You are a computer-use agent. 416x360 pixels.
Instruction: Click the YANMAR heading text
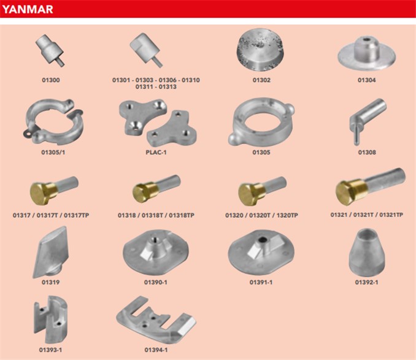(28, 9)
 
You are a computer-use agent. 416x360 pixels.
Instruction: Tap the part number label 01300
(51, 80)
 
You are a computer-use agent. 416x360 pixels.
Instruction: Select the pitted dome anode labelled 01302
(261, 50)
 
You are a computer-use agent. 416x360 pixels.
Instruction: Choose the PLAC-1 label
(156, 152)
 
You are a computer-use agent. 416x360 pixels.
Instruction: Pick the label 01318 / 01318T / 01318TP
(156, 215)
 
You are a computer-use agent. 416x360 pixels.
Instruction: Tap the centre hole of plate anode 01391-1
(263, 240)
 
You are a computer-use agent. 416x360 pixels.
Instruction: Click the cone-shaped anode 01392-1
(367, 253)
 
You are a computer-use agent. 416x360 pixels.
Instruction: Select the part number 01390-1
(156, 282)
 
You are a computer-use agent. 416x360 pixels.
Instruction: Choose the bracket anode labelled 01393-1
(50, 320)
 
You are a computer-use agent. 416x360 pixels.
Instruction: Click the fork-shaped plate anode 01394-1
(156, 320)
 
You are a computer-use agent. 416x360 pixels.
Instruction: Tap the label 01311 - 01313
(156, 86)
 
